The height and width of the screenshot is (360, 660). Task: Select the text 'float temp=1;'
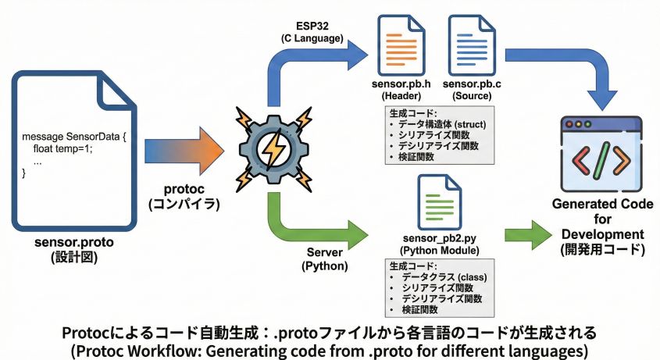click(62, 148)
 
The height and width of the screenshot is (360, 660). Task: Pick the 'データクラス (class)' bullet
click(438, 276)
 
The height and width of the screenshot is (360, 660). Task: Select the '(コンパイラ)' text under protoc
click(184, 205)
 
